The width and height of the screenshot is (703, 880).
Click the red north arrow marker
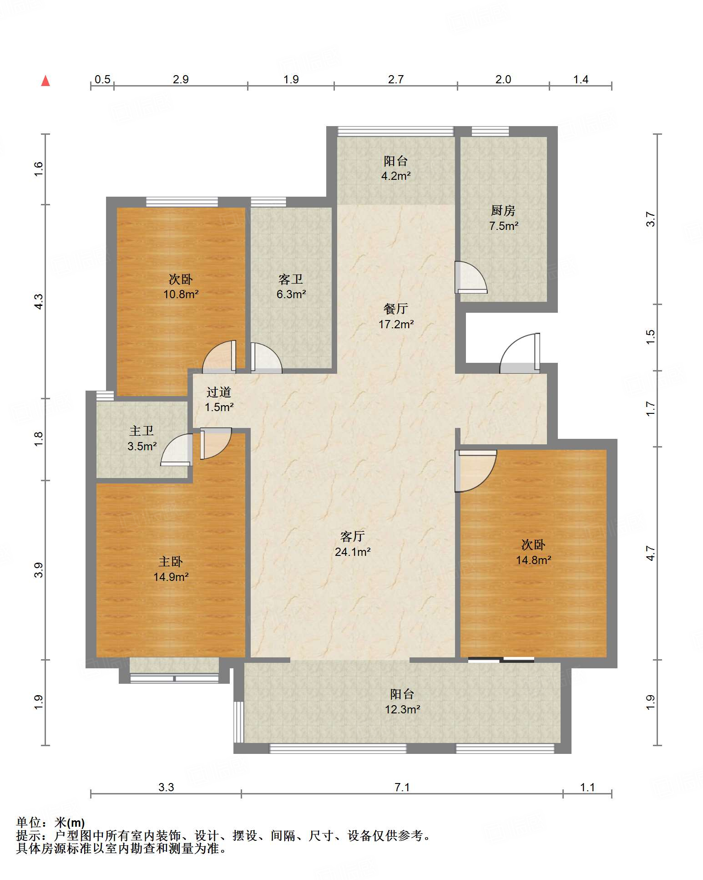point(46,81)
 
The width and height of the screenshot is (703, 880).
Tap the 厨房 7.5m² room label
point(503,218)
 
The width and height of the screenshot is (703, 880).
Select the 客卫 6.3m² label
point(291,286)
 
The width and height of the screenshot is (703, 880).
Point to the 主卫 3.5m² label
point(142,438)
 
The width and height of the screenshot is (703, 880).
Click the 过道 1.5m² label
point(219,399)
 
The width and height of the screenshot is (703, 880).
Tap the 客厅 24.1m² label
point(353,544)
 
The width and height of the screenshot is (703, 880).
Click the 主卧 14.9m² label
point(171,569)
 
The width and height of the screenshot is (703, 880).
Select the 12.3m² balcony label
point(402,702)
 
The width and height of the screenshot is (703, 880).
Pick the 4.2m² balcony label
point(396,168)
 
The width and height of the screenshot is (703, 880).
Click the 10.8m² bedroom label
point(181,286)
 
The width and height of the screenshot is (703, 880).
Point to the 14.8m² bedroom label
point(533,552)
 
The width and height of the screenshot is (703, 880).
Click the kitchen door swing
point(471,277)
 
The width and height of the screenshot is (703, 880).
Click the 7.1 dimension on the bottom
point(402,787)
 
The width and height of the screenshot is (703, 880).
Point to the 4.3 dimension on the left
point(39,301)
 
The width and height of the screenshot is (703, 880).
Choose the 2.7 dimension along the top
point(396,79)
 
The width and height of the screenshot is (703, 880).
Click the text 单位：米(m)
point(51,823)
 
